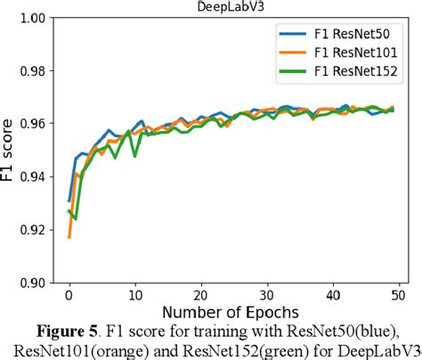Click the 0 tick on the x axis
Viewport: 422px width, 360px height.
[69, 297]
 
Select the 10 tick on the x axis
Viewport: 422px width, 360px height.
[134, 297]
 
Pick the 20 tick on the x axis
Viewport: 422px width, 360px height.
[200, 297]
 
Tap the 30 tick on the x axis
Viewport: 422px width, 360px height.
[266, 297]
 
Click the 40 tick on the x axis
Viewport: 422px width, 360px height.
[332, 297]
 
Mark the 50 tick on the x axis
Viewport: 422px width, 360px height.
[398, 297]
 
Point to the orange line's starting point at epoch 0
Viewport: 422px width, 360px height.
[69, 237]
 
